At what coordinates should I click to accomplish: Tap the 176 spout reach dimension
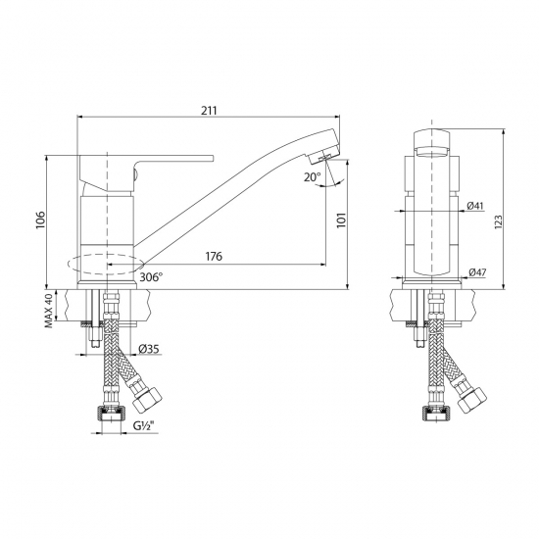point(215,257)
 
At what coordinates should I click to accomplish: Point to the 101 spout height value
point(340,221)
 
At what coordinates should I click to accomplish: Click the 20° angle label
point(313,177)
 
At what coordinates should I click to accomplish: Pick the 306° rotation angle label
point(152,278)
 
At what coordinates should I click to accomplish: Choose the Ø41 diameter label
point(476,206)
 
